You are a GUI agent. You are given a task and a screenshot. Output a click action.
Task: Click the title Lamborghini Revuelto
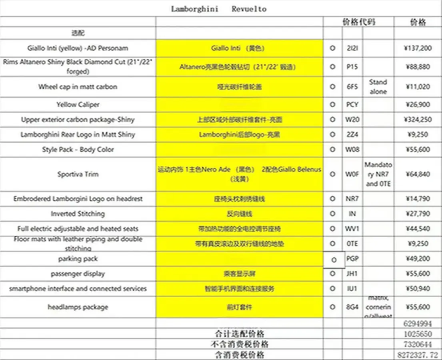point(219,9)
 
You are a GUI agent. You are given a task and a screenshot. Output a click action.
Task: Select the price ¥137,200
point(418,48)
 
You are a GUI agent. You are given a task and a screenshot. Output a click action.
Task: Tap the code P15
point(352,67)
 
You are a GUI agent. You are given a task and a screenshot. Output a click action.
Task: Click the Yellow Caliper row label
point(78,104)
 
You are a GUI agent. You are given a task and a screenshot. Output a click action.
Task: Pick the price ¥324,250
point(418,120)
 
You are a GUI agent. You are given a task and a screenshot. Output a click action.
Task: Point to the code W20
point(352,120)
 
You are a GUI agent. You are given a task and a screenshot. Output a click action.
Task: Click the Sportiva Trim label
point(78,174)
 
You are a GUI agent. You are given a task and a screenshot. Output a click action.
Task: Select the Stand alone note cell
point(378,86)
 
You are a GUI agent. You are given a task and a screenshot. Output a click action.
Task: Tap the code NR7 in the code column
point(352,199)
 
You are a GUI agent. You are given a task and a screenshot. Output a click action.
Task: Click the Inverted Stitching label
point(78,214)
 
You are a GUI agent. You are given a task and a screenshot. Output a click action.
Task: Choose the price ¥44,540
point(418,229)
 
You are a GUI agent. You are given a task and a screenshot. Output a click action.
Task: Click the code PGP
point(352,259)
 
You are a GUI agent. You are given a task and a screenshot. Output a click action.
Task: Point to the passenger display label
point(78,274)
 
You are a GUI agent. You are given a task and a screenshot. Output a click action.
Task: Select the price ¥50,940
point(418,288)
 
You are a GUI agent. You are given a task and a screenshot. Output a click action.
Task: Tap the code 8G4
point(352,307)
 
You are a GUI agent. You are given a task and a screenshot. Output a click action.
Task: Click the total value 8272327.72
point(418,355)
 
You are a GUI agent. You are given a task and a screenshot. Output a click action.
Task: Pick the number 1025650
point(418,334)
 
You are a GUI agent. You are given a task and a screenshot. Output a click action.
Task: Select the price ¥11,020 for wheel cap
point(418,86)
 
